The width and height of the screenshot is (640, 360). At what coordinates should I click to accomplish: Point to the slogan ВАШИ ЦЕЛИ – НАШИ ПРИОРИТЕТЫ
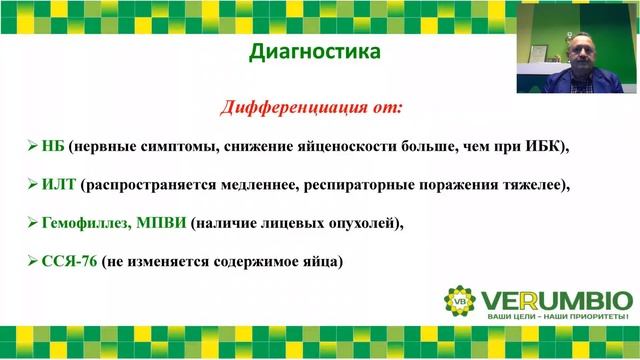pos(558,318)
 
